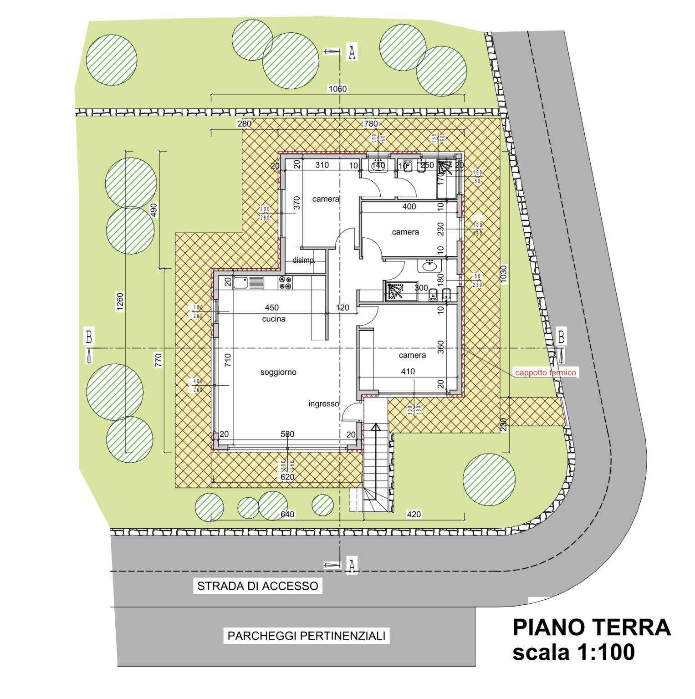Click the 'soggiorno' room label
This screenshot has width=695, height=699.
[x=278, y=372]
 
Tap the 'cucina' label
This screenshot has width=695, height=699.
[x=274, y=319]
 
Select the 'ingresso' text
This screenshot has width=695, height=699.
[x=324, y=403]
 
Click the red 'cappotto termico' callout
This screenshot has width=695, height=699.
[x=546, y=372]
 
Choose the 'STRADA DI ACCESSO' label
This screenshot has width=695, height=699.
[x=257, y=586]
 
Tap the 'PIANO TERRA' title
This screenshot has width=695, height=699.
[x=592, y=628]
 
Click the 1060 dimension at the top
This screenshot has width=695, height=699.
[x=337, y=89]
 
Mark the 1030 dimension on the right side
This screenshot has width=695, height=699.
[x=503, y=274]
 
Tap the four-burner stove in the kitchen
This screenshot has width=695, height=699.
[x=286, y=283]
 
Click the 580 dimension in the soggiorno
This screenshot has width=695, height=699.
[x=287, y=434]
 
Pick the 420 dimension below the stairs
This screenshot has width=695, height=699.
[x=414, y=514]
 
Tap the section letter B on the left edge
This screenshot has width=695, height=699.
[x=89, y=337]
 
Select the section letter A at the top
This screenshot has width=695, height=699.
[x=352, y=52]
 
